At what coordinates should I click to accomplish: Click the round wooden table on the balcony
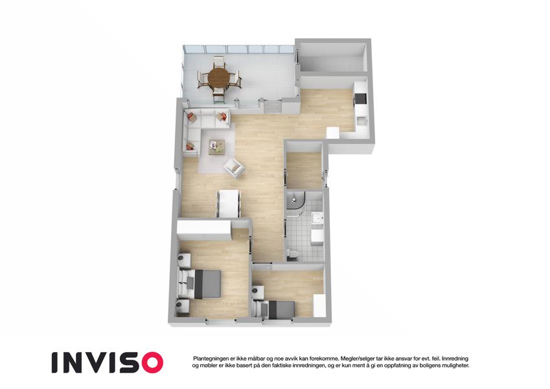pos(218,77)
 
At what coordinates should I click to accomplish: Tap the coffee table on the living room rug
pos(216,147)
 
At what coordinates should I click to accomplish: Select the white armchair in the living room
pos(234,168)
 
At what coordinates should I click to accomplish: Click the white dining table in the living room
pos(229,204)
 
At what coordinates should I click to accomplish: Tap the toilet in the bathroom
pos(292,254)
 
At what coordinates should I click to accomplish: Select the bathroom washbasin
pos(317,218)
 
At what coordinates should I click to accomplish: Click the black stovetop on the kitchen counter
pos(361,99)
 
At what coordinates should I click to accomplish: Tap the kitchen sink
pos(361,121)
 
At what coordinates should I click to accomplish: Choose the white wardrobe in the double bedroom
pos(204,230)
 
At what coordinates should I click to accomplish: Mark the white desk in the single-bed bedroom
pos(319,305)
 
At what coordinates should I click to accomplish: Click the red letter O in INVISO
pos(150,362)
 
